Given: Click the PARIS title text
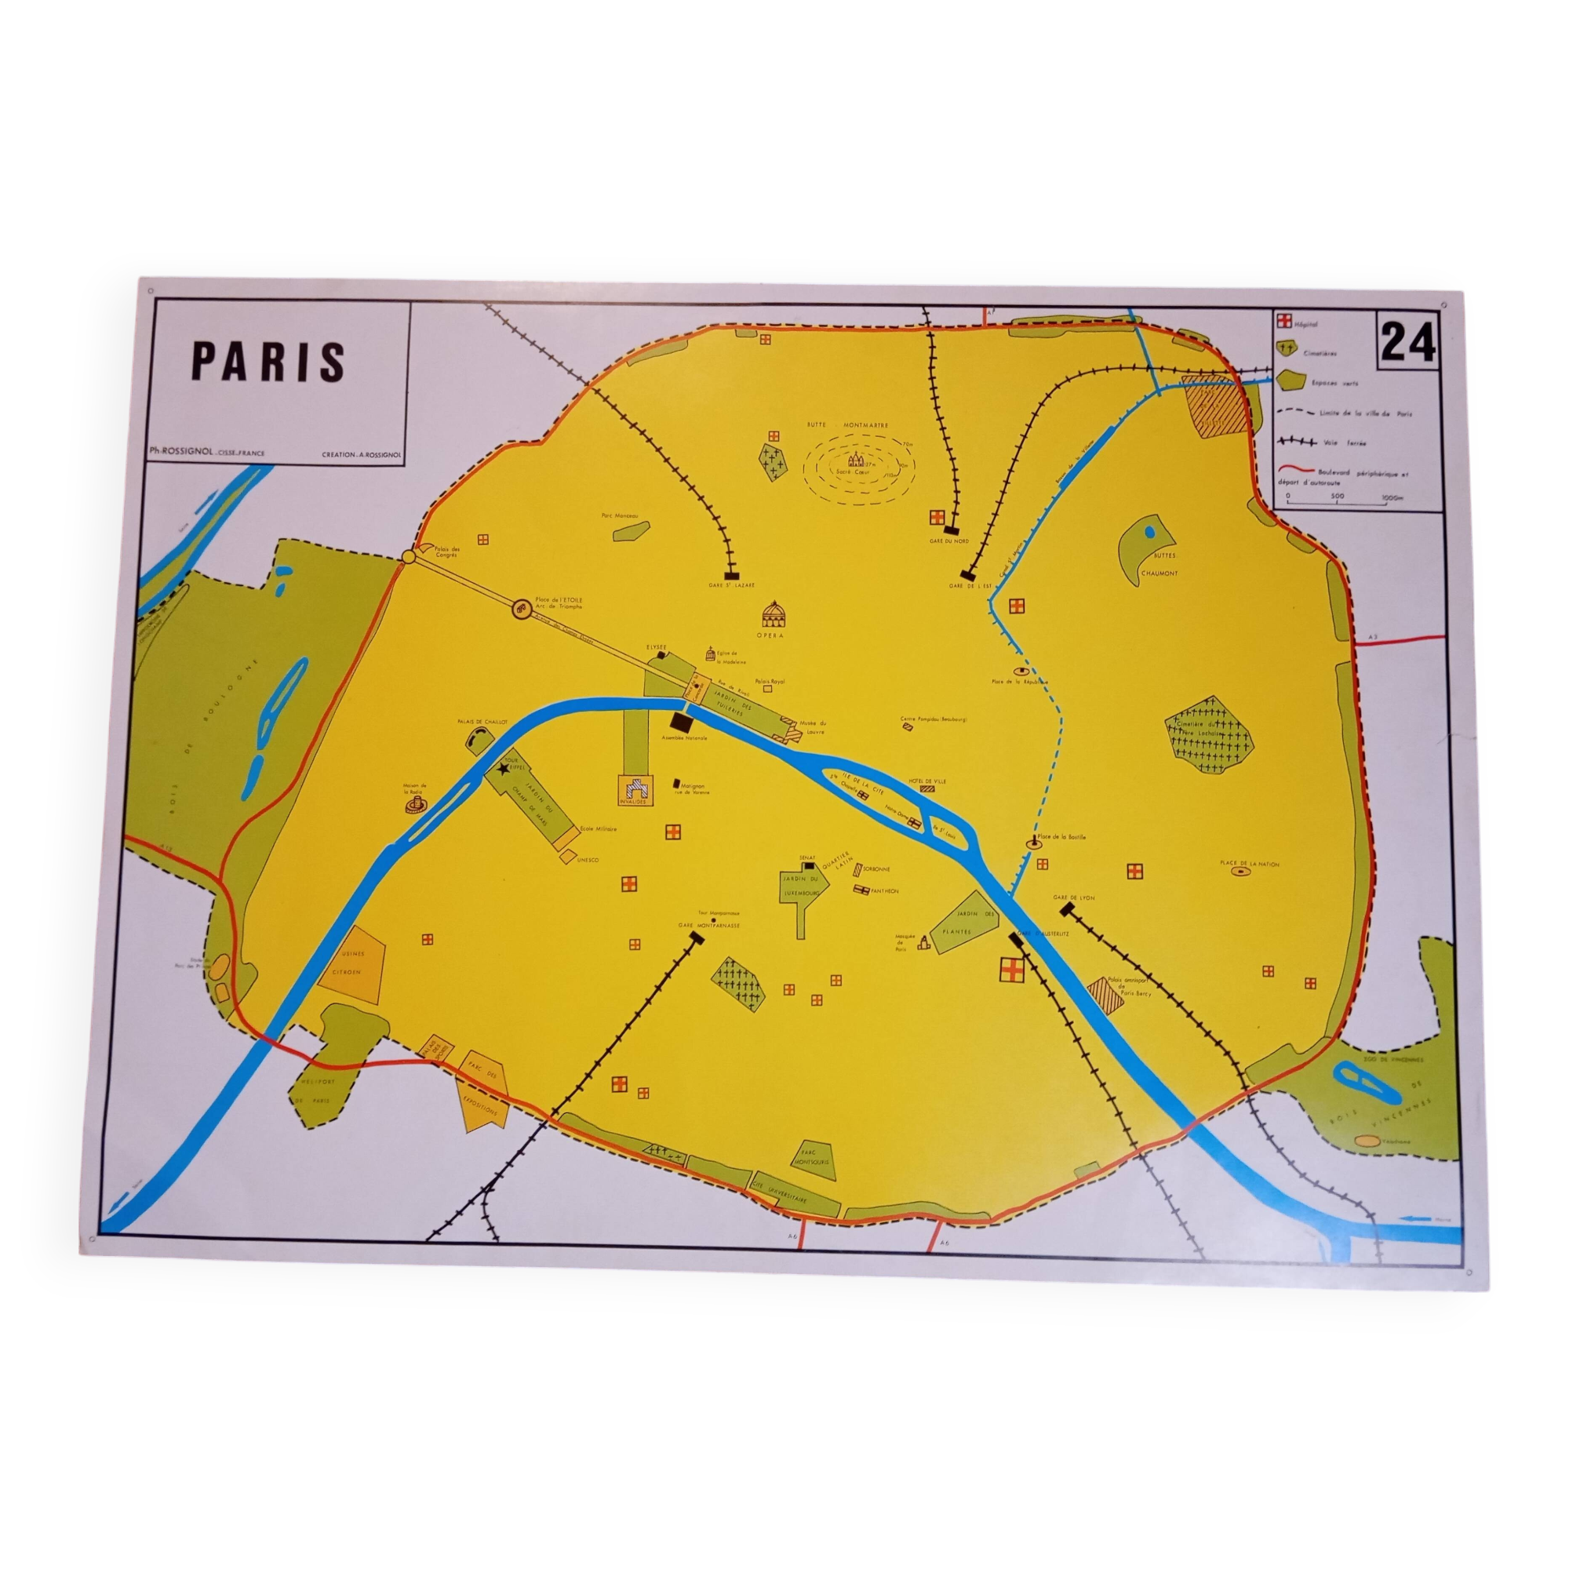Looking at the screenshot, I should point(268,362).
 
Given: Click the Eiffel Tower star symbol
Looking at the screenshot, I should point(504,766).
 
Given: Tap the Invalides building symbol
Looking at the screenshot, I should point(636,787).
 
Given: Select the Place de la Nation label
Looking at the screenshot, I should point(1249,864).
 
